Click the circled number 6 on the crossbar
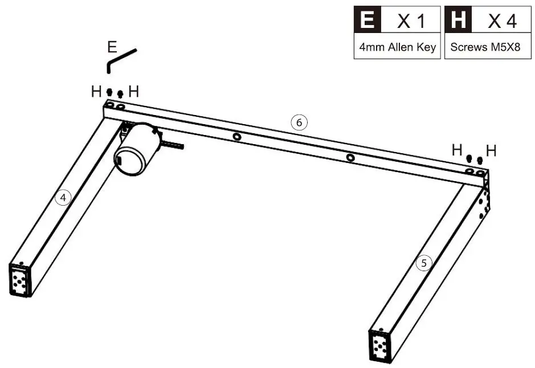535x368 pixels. (x=299, y=122)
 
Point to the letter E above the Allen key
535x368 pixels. (x=112, y=47)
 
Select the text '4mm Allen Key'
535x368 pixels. (x=397, y=48)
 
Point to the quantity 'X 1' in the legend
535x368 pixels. (x=411, y=22)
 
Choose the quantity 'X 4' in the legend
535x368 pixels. (x=502, y=22)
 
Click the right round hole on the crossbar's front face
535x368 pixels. (x=350, y=157)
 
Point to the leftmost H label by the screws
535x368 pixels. (x=96, y=91)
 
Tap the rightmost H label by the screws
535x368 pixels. (x=491, y=151)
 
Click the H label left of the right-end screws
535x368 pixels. (x=457, y=150)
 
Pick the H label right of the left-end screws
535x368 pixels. (x=133, y=91)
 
